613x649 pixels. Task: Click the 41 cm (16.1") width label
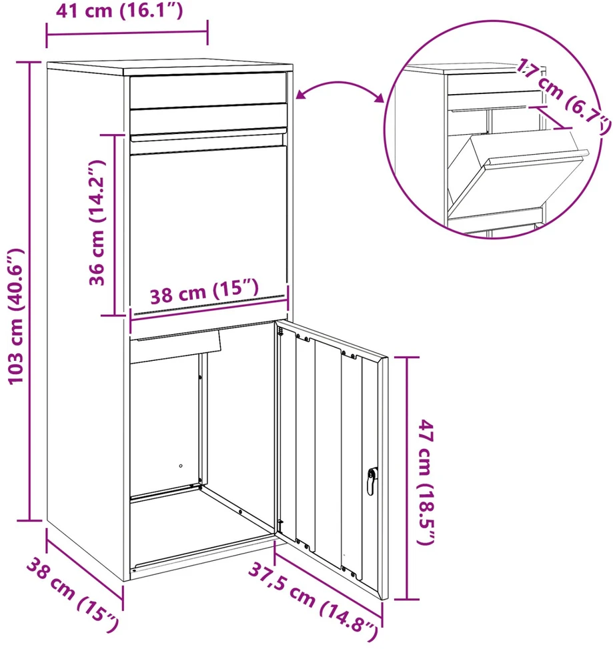pyautogui.click(x=119, y=11)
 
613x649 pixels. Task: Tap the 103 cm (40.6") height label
pyautogui.click(x=17, y=317)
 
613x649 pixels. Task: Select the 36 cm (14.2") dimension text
pyautogui.click(x=97, y=223)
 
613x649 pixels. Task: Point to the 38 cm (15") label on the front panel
pyautogui.click(x=204, y=291)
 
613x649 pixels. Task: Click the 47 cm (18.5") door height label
pyautogui.click(x=426, y=482)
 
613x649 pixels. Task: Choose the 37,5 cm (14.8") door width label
pyautogui.click(x=314, y=602)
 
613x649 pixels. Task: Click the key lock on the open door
pyautogui.click(x=372, y=481)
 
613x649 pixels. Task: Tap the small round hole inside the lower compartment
pyautogui.click(x=181, y=466)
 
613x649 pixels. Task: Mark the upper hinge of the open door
pyautogui.click(x=281, y=332)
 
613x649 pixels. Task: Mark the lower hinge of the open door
pyautogui.click(x=280, y=526)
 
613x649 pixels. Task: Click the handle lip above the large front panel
pyautogui.click(x=208, y=136)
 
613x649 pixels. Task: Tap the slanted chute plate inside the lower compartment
pyautogui.click(x=175, y=346)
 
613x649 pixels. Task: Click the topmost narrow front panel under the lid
pyautogui.click(x=208, y=90)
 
